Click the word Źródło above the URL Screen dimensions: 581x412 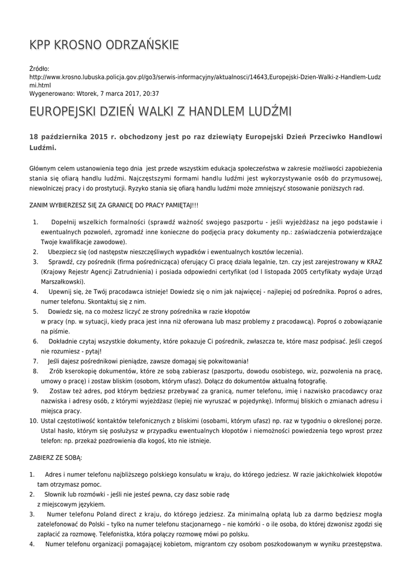tap(39, 69)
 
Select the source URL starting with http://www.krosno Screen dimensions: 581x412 tap(205, 77)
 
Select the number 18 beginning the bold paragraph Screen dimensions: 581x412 tap(34, 137)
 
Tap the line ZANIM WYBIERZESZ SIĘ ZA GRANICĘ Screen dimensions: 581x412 tap(114, 204)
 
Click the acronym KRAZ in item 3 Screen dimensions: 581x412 tap(370, 262)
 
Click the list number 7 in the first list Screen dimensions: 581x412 tap(35, 361)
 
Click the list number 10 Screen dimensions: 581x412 tap(33, 420)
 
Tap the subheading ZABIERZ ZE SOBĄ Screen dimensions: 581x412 tap(56, 457)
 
